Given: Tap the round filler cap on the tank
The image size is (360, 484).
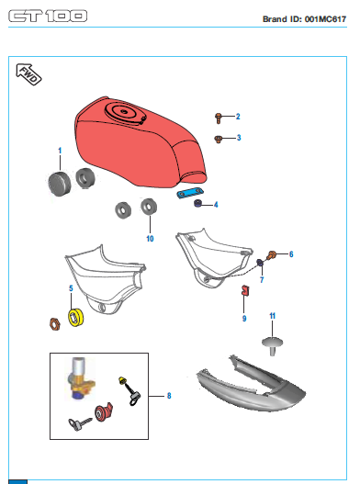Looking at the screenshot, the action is pyautogui.click(x=123, y=112).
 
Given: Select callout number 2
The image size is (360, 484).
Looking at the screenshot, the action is pyautogui.click(x=238, y=117).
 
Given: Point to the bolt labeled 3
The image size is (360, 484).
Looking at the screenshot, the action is pyautogui.click(x=218, y=140).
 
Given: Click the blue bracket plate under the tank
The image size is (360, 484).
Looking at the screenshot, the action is pyautogui.click(x=190, y=194).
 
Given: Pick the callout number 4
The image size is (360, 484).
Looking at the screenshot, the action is pyautogui.click(x=216, y=205).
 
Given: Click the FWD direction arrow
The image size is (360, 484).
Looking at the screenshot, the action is pyautogui.click(x=28, y=74).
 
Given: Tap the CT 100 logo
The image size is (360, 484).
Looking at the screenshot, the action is pyautogui.click(x=48, y=16).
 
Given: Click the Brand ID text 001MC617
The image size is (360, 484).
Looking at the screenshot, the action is pyautogui.click(x=325, y=19).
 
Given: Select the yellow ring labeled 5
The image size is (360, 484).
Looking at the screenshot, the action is pyautogui.click(x=76, y=317).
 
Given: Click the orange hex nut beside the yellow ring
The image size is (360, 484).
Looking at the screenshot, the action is pyautogui.click(x=55, y=324).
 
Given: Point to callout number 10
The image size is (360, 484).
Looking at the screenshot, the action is pyautogui.click(x=150, y=239).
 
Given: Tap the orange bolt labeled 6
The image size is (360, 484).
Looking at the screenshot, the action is pyautogui.click(x=272, y=255).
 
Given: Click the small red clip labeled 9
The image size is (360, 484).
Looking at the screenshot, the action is pyautogui.click(x=245, y=291).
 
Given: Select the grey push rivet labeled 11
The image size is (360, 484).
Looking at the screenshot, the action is pyautogui.click(x=272, y=346).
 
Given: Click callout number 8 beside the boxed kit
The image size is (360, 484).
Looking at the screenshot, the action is pyautogui.click(x=169, y=396).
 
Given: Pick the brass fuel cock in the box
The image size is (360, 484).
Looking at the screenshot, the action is pyautogui.click(x=81, y=379).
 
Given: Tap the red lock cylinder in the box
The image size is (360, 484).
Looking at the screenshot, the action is pyautogui.click(x=103, y=412).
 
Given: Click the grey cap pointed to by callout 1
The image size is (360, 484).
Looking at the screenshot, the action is pyautogui.click(x=60, y=184).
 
